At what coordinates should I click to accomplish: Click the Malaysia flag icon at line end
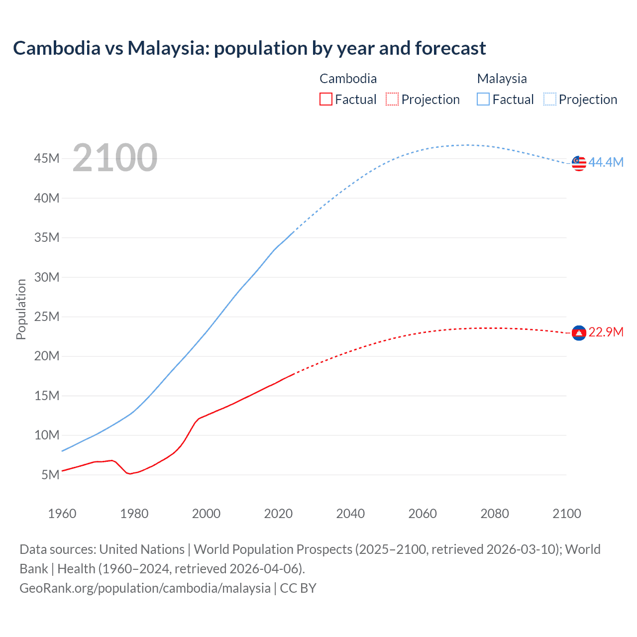(x=579, y=163)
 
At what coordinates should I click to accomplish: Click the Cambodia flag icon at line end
(x=579, y=332)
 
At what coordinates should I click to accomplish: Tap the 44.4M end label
(x=606, y=162)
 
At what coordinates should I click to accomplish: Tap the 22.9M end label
(x=606, y=332)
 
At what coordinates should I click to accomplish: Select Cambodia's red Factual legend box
(x=325, y=99)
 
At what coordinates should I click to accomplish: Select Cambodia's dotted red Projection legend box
(x=392, y=99)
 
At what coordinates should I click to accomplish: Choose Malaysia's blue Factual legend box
(x=483, y=99)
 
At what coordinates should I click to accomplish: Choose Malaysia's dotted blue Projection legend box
(x=550, y=99)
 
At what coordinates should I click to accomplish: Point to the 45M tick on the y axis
(x=47, y=158)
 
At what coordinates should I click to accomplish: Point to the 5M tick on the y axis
(x=50, y=475)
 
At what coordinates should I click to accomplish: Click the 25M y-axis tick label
(x=47, y=317)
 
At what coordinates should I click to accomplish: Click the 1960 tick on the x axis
(x=62, y=514)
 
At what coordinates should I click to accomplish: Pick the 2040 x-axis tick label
(x=350, y=514)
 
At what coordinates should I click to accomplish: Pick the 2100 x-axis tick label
(x=566, y=514)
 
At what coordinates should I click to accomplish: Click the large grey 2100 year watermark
(x=115, y=158)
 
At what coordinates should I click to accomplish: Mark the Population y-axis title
(x=21, y=309)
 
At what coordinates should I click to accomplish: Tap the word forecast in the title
(x=450, y=48)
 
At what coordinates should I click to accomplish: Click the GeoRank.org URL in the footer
(x=145, y=588)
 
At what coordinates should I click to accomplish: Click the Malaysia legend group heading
(x=502, y=79)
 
